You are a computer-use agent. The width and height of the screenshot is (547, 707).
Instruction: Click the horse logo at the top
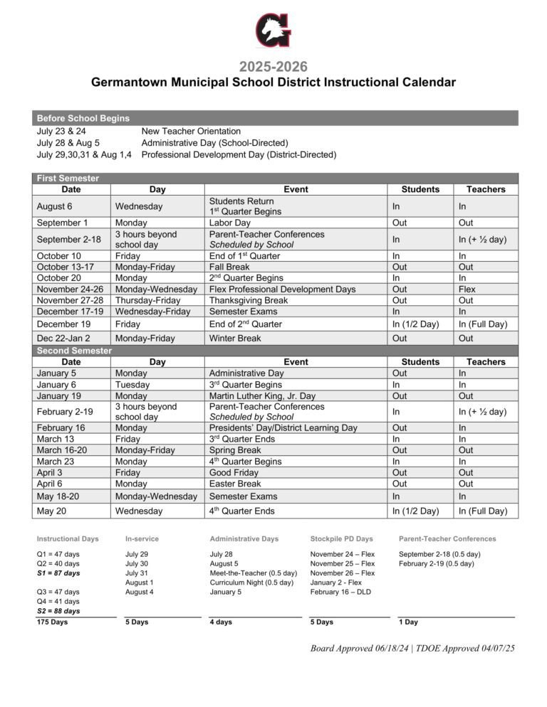point(273,31)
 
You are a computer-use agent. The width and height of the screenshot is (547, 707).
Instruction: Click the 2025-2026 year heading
point(273,67)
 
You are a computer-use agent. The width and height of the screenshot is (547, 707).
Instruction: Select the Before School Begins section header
point(83,118)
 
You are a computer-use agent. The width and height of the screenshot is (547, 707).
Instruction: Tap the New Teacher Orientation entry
point(191,132)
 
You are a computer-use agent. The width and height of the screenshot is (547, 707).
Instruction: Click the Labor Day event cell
point(229,223)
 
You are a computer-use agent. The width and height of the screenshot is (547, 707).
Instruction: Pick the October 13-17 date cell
point(63,267)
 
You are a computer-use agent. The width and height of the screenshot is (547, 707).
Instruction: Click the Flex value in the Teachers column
point(467,289)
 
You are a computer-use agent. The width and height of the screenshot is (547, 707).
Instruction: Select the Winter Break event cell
point(235,339)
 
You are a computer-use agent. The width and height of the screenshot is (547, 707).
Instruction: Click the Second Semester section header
point(74,351)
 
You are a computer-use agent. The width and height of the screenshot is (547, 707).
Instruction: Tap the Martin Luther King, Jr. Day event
point(262,396)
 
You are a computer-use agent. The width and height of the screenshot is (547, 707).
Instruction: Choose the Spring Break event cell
point(236,450)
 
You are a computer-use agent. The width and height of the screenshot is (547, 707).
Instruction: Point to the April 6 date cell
point(52,484)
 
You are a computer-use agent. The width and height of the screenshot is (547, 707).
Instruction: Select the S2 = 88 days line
point(58,611)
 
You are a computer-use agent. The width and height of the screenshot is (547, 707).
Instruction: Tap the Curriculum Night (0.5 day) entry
point(251,583)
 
